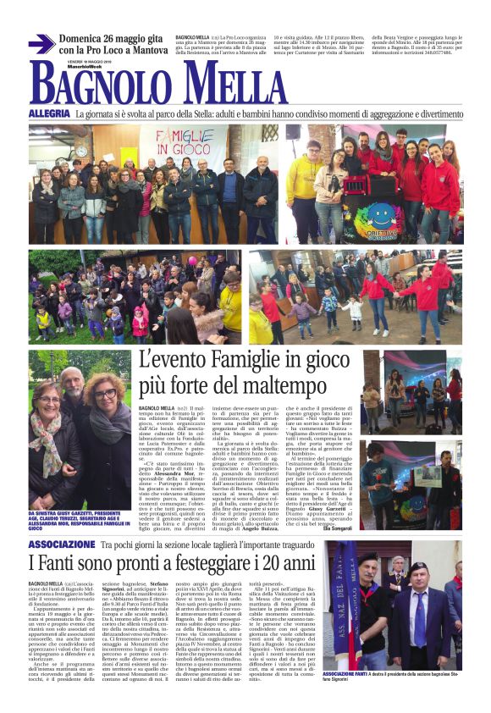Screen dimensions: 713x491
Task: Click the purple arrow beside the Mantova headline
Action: (41, 44)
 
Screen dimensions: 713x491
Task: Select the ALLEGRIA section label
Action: (49, 113)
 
